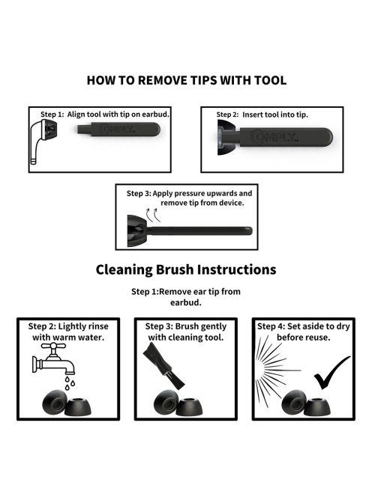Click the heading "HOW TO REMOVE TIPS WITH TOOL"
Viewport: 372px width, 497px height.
point(187,80)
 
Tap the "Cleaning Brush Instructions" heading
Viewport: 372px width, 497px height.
point(186,269)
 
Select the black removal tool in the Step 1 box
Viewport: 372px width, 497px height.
point(118,129)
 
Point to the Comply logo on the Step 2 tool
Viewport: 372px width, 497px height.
point(274,137)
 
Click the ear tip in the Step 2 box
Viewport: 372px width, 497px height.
point(228,138)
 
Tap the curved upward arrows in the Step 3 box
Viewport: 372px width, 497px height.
point(153,215)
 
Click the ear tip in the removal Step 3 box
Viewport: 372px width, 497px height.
point(137,231)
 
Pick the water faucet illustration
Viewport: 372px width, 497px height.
point(53,359)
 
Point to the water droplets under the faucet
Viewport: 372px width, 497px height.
point(70,383)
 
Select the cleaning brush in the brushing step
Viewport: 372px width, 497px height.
point(164,368)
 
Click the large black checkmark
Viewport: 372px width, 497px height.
point(331,373)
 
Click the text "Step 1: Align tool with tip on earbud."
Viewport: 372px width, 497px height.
point(105,115)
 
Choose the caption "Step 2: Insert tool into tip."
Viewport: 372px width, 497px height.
point(262,115)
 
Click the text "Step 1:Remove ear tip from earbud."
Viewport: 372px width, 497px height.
point(186,296)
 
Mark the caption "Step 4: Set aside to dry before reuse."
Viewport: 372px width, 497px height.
point(304,332)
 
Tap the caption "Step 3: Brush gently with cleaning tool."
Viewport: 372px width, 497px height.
point(186,332)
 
